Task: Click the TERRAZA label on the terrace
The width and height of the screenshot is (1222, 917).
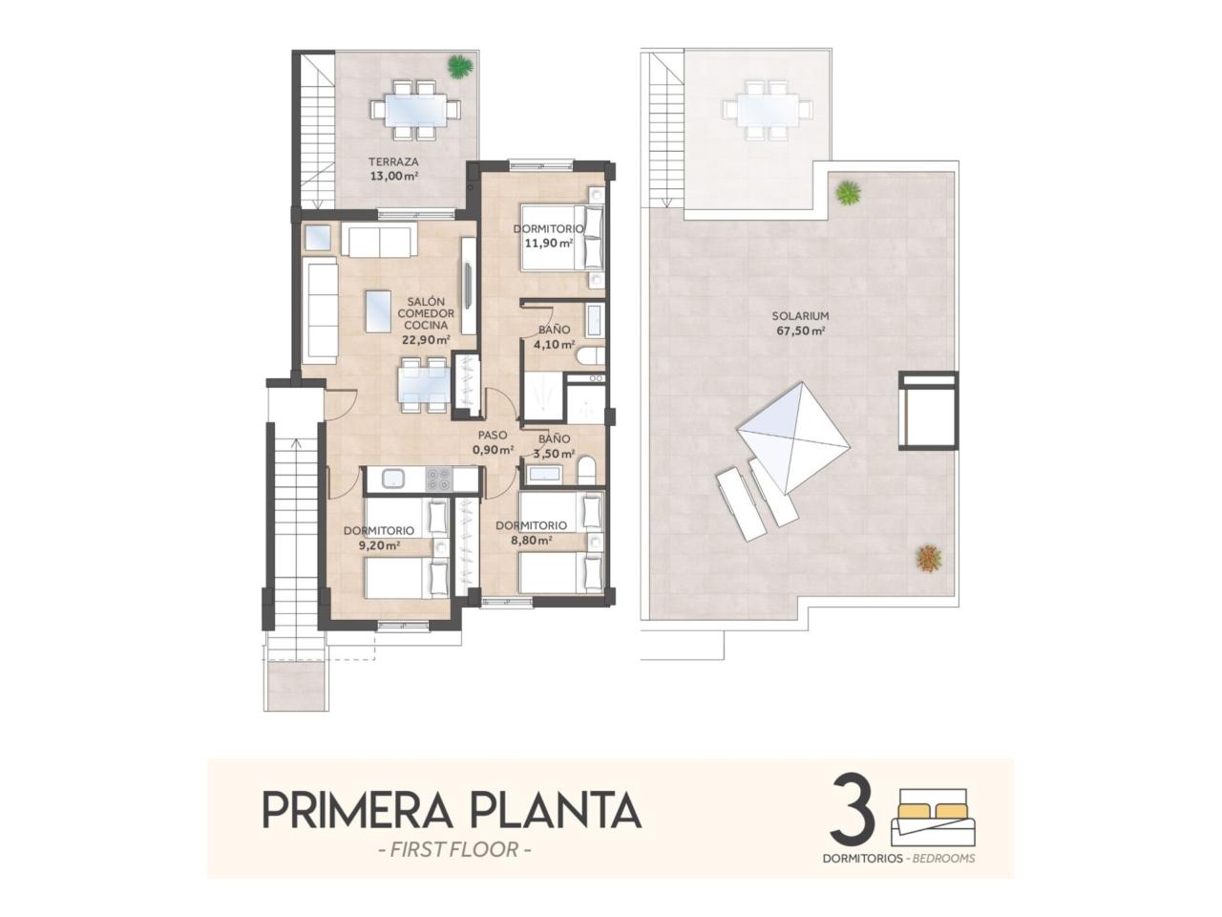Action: pos(393,162)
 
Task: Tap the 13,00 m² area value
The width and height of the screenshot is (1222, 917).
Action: pos(394,177)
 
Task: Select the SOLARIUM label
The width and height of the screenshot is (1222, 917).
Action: pos(800,315)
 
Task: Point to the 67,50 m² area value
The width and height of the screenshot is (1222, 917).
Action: pos(801,331)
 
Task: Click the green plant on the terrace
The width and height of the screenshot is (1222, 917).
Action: pos(460,67)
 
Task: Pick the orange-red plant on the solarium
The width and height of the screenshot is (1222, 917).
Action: pos(929,557)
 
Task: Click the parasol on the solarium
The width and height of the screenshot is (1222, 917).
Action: pos(794,438)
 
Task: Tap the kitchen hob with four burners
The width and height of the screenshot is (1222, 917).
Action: pos(438,479)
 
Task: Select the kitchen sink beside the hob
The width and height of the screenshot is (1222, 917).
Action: pos(394,479)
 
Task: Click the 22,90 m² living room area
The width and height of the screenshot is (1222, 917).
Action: pos(427,340)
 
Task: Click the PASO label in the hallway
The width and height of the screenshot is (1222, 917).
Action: pos(493,435)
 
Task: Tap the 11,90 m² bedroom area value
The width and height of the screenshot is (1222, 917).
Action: pos(549,243)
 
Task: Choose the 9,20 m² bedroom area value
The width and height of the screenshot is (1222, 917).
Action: pos(379,545)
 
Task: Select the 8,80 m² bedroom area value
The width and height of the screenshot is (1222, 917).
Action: pos(531,540)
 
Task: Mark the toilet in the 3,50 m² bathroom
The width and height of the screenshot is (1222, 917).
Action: pos(587,471)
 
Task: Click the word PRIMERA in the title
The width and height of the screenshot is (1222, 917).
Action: pos(356,811)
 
